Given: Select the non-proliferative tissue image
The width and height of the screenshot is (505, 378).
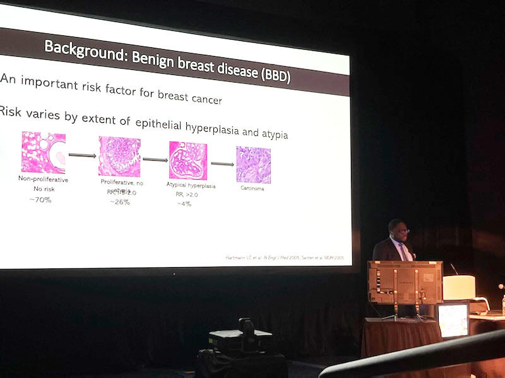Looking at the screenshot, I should click(43, 152).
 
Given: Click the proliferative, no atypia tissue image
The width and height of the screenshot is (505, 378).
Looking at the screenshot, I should click(119, 156).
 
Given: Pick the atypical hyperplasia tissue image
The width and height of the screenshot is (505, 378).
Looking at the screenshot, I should click(187, 160).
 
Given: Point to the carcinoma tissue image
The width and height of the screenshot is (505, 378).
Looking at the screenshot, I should click(253, 164).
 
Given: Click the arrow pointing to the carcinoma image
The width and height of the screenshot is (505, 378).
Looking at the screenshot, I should click(222, 164).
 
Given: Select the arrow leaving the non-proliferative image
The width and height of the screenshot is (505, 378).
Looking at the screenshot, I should click(82, 155).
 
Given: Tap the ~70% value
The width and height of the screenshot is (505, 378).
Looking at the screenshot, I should click(40, 200).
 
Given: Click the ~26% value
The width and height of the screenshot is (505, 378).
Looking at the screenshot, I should click(120, 202).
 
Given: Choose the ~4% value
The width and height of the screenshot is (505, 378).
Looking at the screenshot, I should click(184, 203).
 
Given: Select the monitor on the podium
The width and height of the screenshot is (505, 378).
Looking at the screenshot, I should click(404, 282).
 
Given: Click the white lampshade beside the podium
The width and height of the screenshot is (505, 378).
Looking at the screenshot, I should click(459, 287).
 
